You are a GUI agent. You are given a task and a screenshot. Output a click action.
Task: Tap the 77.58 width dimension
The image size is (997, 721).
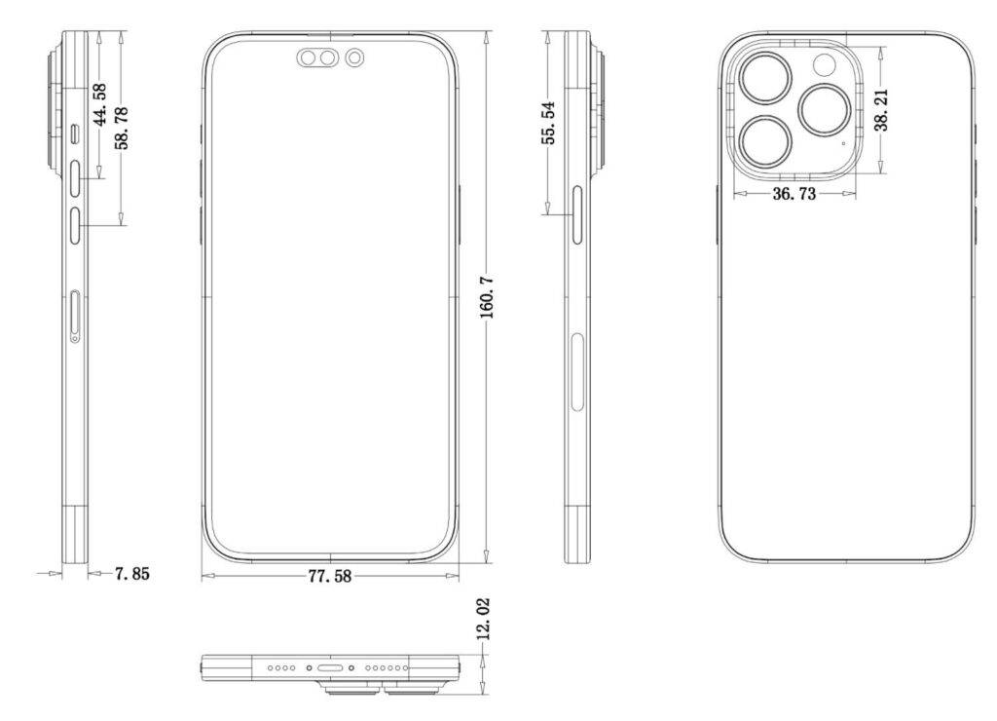click(x=329, y=576)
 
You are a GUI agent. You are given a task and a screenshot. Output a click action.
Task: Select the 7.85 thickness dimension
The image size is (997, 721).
click(x=131, y=574)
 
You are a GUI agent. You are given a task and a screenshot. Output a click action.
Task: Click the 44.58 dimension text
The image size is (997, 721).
click(x=99, y=104)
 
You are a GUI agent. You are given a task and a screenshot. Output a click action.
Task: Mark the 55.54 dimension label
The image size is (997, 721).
click(x=549, y=122)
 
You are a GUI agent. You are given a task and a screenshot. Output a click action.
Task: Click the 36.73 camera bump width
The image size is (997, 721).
click(x=794, y=194)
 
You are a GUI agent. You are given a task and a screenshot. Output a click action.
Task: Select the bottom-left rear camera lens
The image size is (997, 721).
click(x=766, y=139)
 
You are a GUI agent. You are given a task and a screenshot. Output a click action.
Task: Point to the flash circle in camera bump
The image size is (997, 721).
click(x=825, y=65)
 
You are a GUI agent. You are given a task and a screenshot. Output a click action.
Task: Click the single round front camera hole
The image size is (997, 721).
click(x=355, y=59)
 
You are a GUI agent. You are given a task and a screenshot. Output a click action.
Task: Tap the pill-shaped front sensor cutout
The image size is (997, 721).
click(x=317, y=59)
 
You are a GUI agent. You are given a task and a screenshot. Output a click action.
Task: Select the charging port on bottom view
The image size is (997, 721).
click(x=329, y=669)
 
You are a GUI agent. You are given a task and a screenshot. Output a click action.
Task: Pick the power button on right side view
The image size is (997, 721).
click(x=577, y=214)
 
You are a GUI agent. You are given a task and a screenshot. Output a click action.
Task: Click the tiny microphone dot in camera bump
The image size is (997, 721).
click(x=843, y=142)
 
